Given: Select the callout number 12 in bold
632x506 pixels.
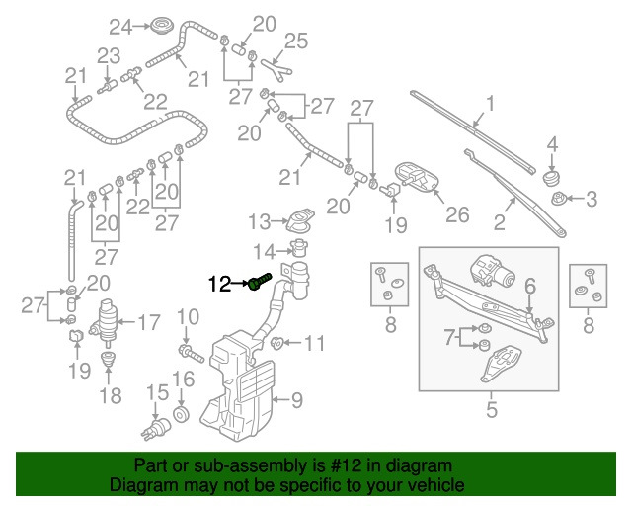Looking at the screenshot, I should coord(221,285).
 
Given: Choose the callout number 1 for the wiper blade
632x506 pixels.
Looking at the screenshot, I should coord(489,104).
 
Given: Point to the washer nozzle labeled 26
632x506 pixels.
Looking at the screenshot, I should coord(415,178).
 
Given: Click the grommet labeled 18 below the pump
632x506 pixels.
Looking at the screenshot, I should coord(109,373).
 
